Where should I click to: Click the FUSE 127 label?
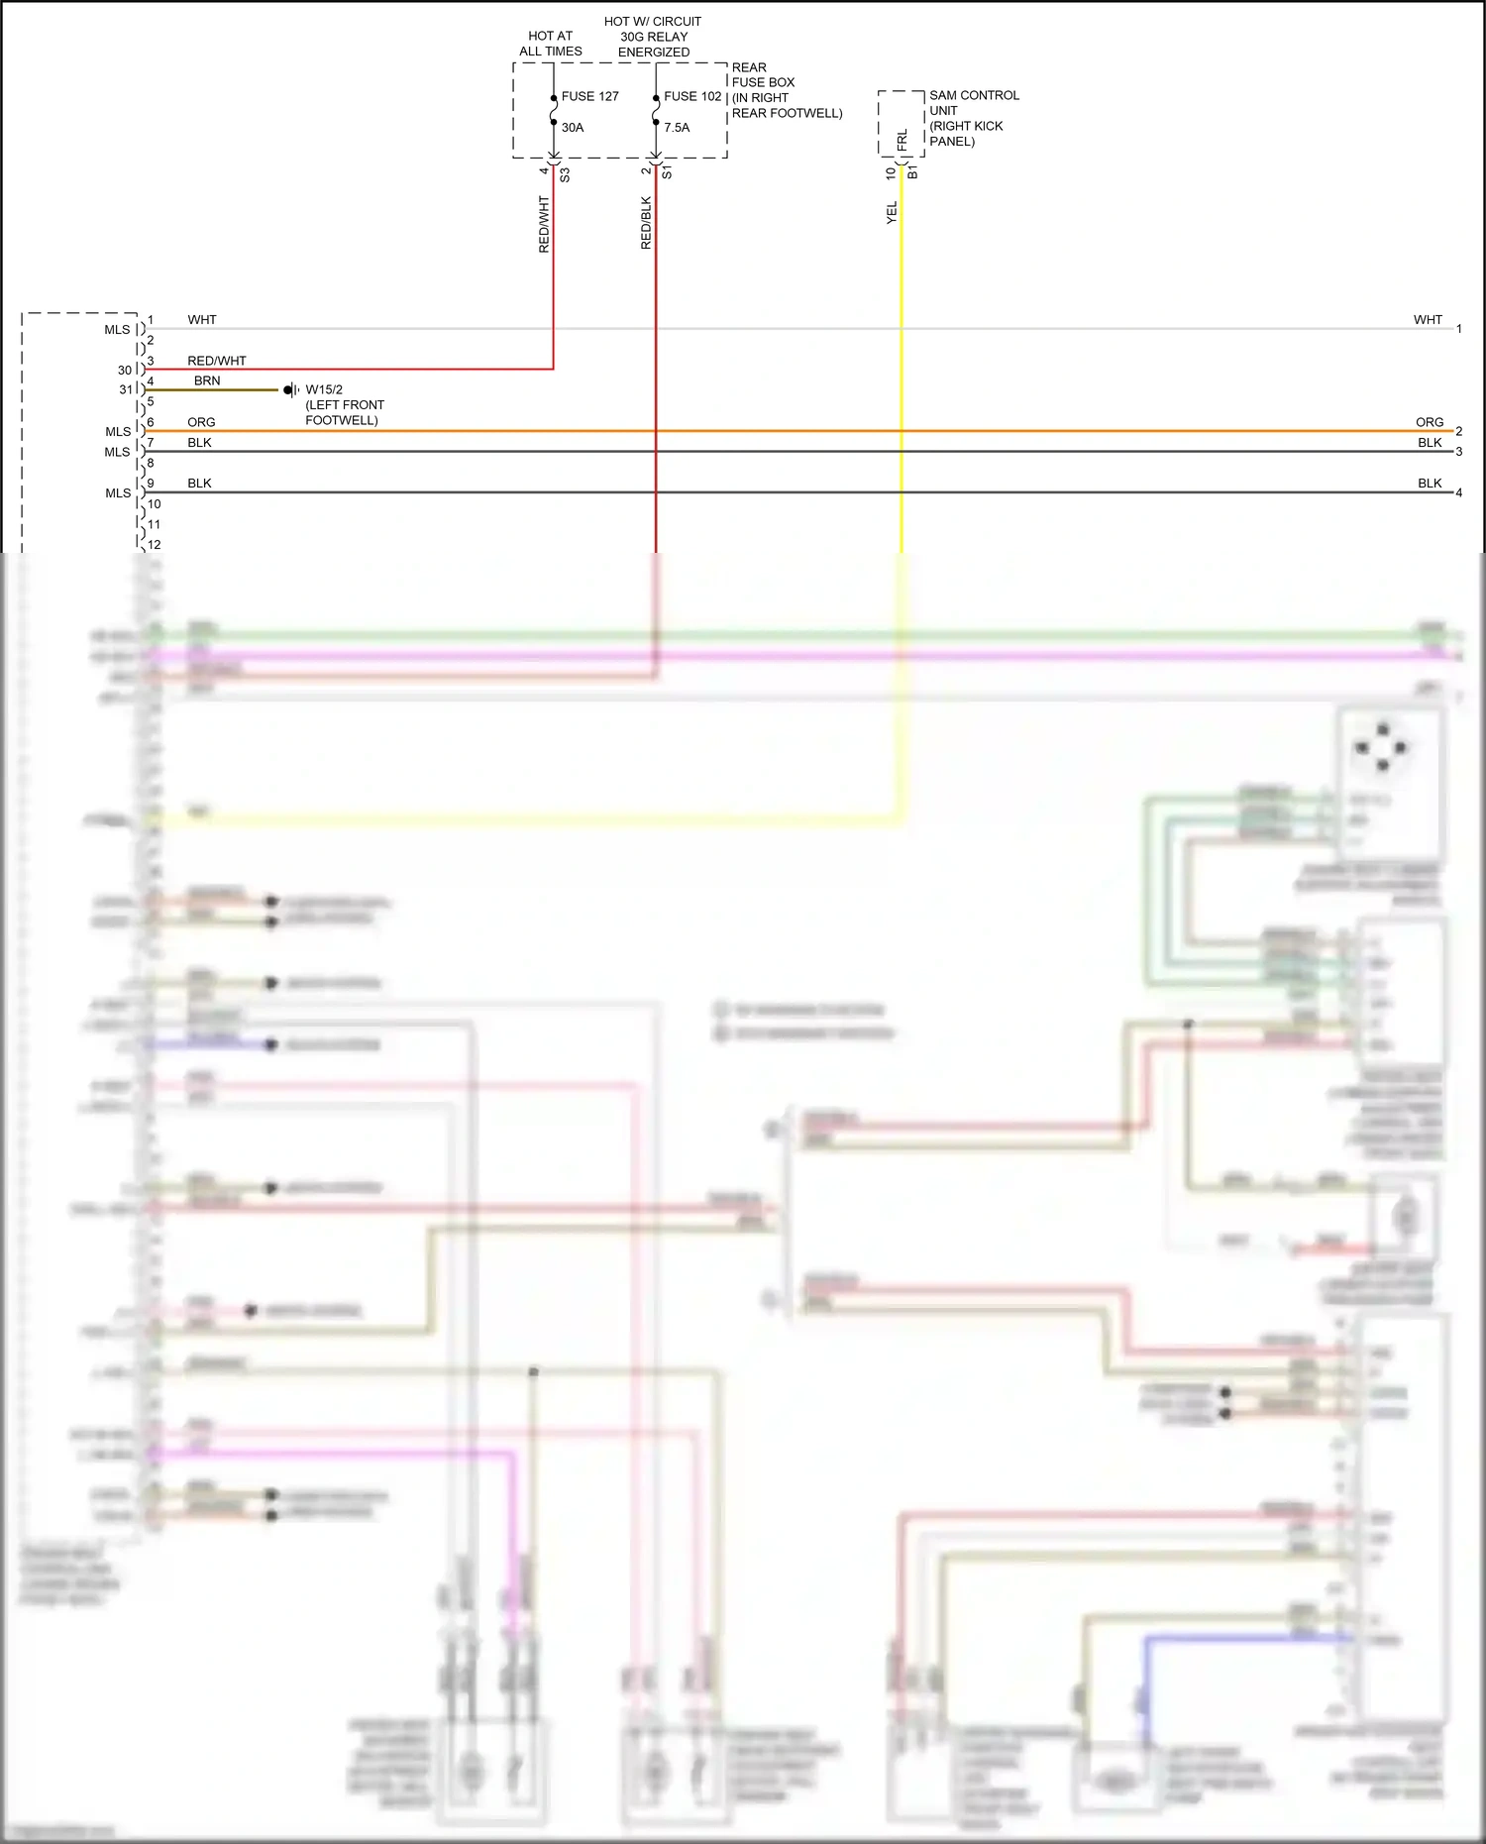[x=589, y=96]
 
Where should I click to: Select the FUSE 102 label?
[x=692, y=96]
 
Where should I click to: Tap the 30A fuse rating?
[x=573, y=127]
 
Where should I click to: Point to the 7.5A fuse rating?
[x=677, y=127]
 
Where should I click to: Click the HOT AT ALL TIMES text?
[x=551, y=44]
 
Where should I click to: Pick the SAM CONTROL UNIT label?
[x=974, y=103]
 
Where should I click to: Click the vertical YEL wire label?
[x=892, y=212]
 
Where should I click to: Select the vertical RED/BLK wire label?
[x=646, y=223]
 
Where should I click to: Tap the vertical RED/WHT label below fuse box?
[x=544, y=224]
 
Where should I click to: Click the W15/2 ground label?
[x=324, y=389]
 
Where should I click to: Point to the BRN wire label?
[x=207, y=380]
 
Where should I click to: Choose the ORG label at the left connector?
[x=201, y=422]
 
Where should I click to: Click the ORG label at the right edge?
[x=1429, y=422]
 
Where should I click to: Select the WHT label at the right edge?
[x=1428, y=319]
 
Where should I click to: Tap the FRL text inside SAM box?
[x=902, y=140]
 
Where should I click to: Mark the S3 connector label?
[x=565, y=174]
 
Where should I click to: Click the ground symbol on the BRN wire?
[x=290, y=390]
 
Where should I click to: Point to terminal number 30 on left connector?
[x=125, y=370]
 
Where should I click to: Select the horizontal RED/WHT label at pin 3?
[x=217, y=361]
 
